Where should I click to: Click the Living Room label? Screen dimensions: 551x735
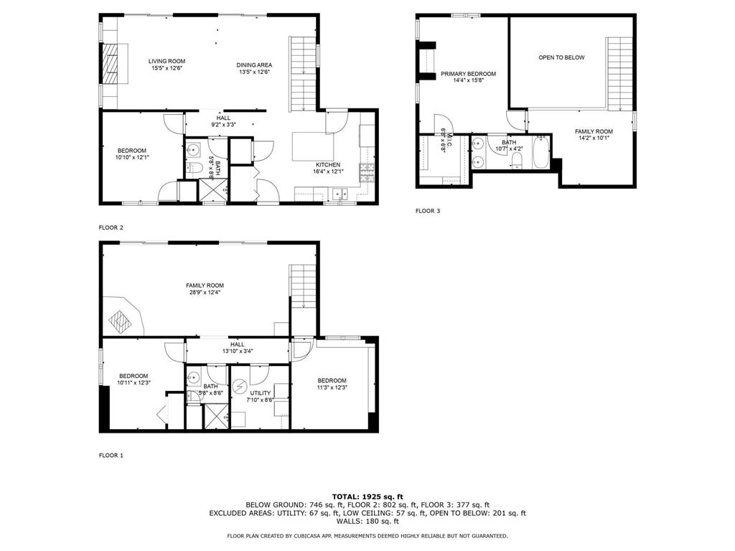[167, 61]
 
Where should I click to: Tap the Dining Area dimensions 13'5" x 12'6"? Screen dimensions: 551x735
[254, 72]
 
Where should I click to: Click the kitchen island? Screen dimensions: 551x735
[309, 146]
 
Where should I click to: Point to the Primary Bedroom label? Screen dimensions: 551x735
[468, 74]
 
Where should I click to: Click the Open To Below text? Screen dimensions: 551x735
[561, 57]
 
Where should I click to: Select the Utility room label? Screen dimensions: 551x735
[260, 392]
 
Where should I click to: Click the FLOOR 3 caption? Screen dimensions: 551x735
[429, 211]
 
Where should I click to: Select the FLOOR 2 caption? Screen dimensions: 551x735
[111, 227]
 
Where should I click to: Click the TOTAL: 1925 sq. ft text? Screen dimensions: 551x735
[367, 496]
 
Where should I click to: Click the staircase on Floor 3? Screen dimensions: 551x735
[618, 72]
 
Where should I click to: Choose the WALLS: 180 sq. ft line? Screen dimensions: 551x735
[367, 522]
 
